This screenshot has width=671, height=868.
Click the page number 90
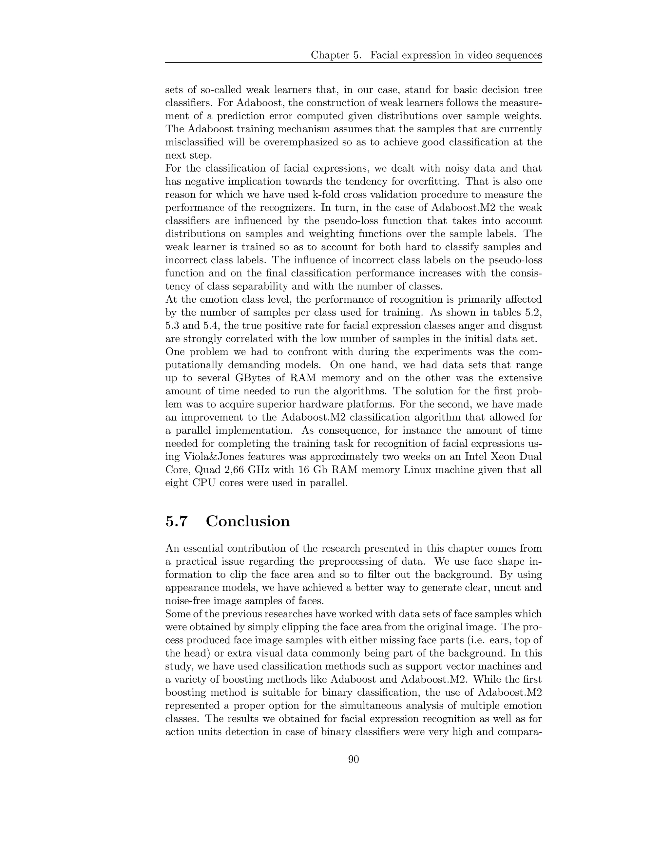pos(354,760)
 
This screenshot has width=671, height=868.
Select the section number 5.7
pos(176,521)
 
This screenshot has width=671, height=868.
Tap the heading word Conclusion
pos(248,521)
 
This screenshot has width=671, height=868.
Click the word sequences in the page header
pos(519,55)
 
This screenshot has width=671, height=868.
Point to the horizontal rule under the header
pos(354,62)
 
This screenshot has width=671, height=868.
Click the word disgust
pos(524,326)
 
